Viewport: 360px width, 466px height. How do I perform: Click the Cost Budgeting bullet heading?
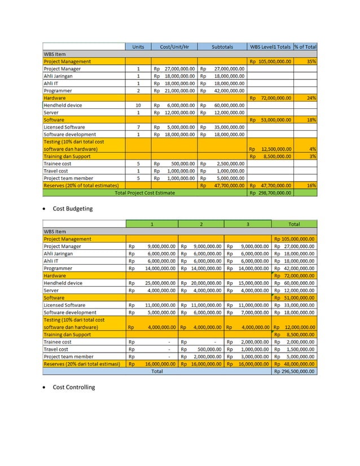72,209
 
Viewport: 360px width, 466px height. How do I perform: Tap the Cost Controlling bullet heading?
73,387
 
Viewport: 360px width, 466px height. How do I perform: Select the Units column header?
138,47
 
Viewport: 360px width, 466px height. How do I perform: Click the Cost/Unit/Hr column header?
174,47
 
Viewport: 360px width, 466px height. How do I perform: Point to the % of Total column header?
305,47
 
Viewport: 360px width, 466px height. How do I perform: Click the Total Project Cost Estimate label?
145,193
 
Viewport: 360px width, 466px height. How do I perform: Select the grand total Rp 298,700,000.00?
271,193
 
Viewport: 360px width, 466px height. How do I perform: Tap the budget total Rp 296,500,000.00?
294,372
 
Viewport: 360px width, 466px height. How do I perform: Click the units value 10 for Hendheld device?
138,105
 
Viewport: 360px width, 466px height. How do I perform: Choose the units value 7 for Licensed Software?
138,128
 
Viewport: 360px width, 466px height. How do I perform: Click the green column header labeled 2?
201,225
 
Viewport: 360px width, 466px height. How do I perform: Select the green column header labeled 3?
248,225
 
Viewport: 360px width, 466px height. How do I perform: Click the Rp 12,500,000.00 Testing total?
271,150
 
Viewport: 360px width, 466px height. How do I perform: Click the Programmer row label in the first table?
58,91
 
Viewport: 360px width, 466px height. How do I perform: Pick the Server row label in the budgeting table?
51,291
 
